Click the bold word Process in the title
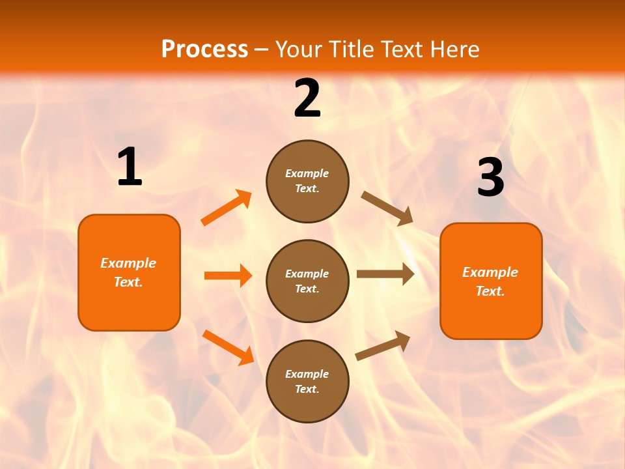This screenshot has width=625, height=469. [x=204, y=50]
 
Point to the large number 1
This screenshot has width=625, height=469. [x=130, y=167]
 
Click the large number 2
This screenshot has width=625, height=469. [x=307, y=99]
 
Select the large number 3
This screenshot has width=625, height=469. [x=490, y=178]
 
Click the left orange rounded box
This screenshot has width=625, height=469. [x=129, y=272]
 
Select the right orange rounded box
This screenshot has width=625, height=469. [x=491, y=281]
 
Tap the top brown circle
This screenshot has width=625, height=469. [x=307, y=181]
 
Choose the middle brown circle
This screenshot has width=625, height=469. [x=307, y=281]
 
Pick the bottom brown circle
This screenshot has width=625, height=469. [x=307, y=382]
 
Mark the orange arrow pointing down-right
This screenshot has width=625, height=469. [x=228, y=347]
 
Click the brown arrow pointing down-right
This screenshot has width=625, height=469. [x=387, y=208]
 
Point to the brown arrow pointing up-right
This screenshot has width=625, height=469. [x=383, y=346]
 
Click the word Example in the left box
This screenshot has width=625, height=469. [x=128, y=263]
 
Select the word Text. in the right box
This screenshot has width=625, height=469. [x=490, y=291]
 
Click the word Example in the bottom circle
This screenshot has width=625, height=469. [x=307, y=374]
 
